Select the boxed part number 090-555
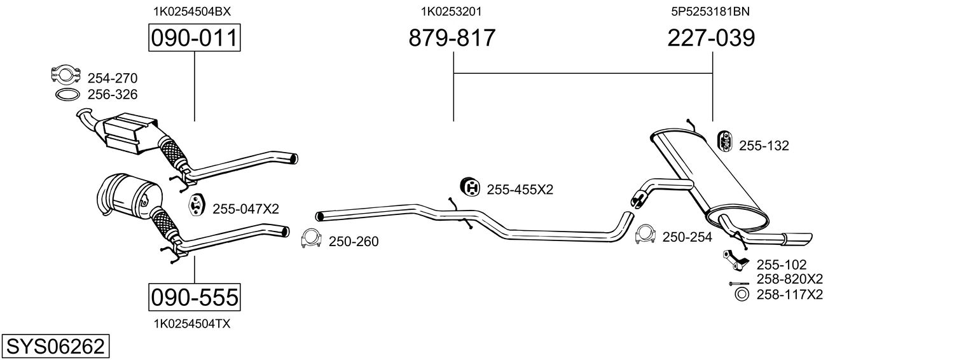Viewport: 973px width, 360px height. point(194,296)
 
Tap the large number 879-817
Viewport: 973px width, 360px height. point(452,38)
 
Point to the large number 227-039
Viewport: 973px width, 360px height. point(711,38)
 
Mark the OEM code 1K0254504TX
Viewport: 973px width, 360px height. point(191,324)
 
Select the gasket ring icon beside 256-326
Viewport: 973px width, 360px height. point(66,95)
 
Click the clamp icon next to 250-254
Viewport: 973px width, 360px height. point(645,234)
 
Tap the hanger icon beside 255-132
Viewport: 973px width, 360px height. point(724,142)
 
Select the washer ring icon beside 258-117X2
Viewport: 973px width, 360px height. point(741,294)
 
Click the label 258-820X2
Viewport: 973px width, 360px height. point(789,280)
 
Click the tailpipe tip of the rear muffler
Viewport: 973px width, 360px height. point(799,238)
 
